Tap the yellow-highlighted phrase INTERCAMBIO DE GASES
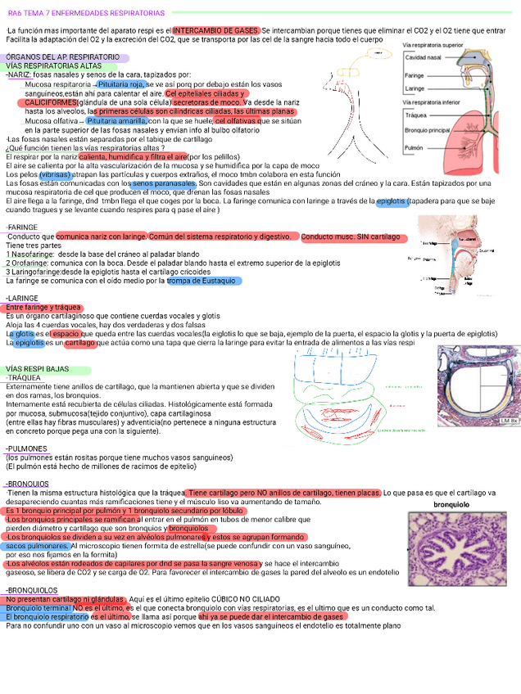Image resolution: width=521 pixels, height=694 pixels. click(217, 30)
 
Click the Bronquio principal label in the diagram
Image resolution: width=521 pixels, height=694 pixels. click(428, 129)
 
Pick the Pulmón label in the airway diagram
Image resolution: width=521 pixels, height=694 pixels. click(415, 148)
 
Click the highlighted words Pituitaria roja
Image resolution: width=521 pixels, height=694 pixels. click(121, 84)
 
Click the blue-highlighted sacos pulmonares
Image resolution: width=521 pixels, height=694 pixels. click(37, 545)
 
